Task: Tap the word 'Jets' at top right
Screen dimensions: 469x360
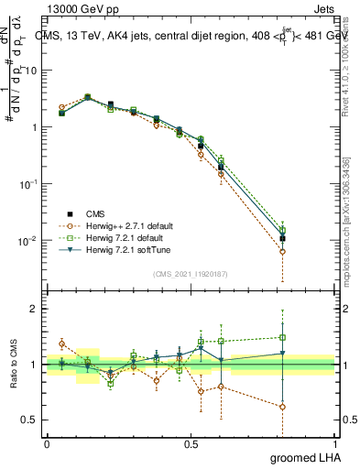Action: [322, 7]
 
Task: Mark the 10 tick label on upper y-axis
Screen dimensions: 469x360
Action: [32, 71]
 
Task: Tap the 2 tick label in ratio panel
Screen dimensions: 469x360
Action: [34, 309]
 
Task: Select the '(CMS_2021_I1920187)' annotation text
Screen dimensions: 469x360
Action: [190, 273]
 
